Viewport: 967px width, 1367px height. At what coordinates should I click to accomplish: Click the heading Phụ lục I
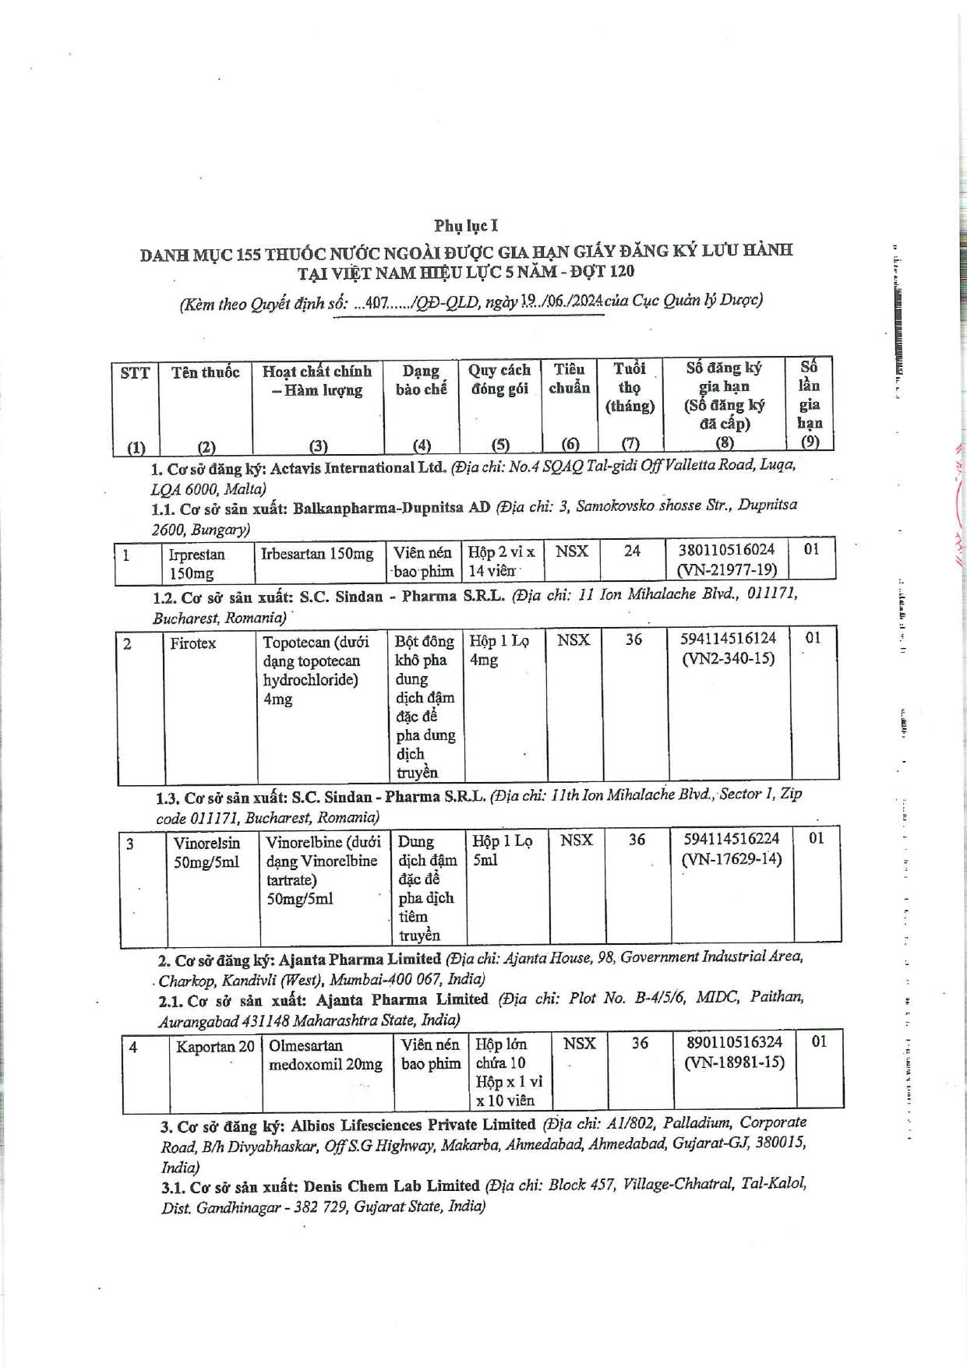(466, 226)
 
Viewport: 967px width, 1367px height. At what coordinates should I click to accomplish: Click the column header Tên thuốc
(206, 372)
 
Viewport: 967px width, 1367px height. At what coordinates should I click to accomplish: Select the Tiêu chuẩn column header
(570, 379)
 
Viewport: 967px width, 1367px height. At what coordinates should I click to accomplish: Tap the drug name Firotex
(193, 643)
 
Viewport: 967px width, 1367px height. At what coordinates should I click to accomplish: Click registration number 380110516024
(726, 550)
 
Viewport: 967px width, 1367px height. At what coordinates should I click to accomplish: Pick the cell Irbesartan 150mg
(317, 554)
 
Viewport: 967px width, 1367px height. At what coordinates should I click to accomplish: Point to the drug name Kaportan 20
(215, 1047)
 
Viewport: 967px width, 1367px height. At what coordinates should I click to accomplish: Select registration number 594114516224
(731, 839)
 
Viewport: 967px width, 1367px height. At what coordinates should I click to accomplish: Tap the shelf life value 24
(632, 551)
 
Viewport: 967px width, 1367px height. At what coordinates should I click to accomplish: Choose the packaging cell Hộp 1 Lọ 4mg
(499, 650)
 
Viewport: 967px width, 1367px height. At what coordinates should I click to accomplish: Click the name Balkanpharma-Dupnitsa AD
(391, 508)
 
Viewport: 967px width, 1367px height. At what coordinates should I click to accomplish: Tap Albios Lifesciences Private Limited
(413, 1125)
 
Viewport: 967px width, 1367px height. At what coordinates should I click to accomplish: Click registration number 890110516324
(735, 1042)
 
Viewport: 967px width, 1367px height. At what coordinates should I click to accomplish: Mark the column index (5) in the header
(500, 445)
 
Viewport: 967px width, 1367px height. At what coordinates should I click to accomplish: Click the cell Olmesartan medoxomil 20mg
(326, 1055)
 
